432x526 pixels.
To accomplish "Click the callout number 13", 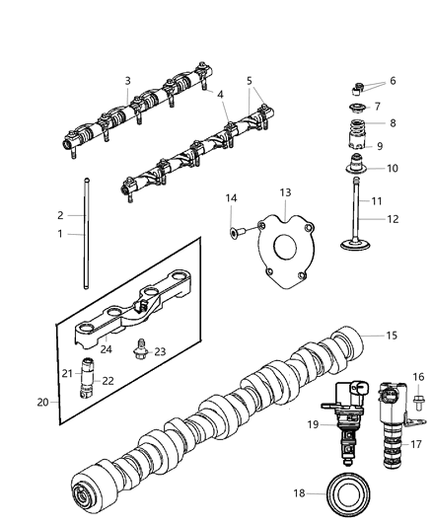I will pyautogui.click(x=285, y=218).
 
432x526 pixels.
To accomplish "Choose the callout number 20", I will pyautogui.click(x=41, y=402).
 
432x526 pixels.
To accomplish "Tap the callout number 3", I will pyautogui.click(x=127, y=81).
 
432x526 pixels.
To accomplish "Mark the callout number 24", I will pyautogui.click(x=105, y=348).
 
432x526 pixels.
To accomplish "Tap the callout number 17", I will pyautogui.click(x=415, y=445).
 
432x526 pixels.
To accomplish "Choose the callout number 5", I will pyautogui.click(x=250, y=81).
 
